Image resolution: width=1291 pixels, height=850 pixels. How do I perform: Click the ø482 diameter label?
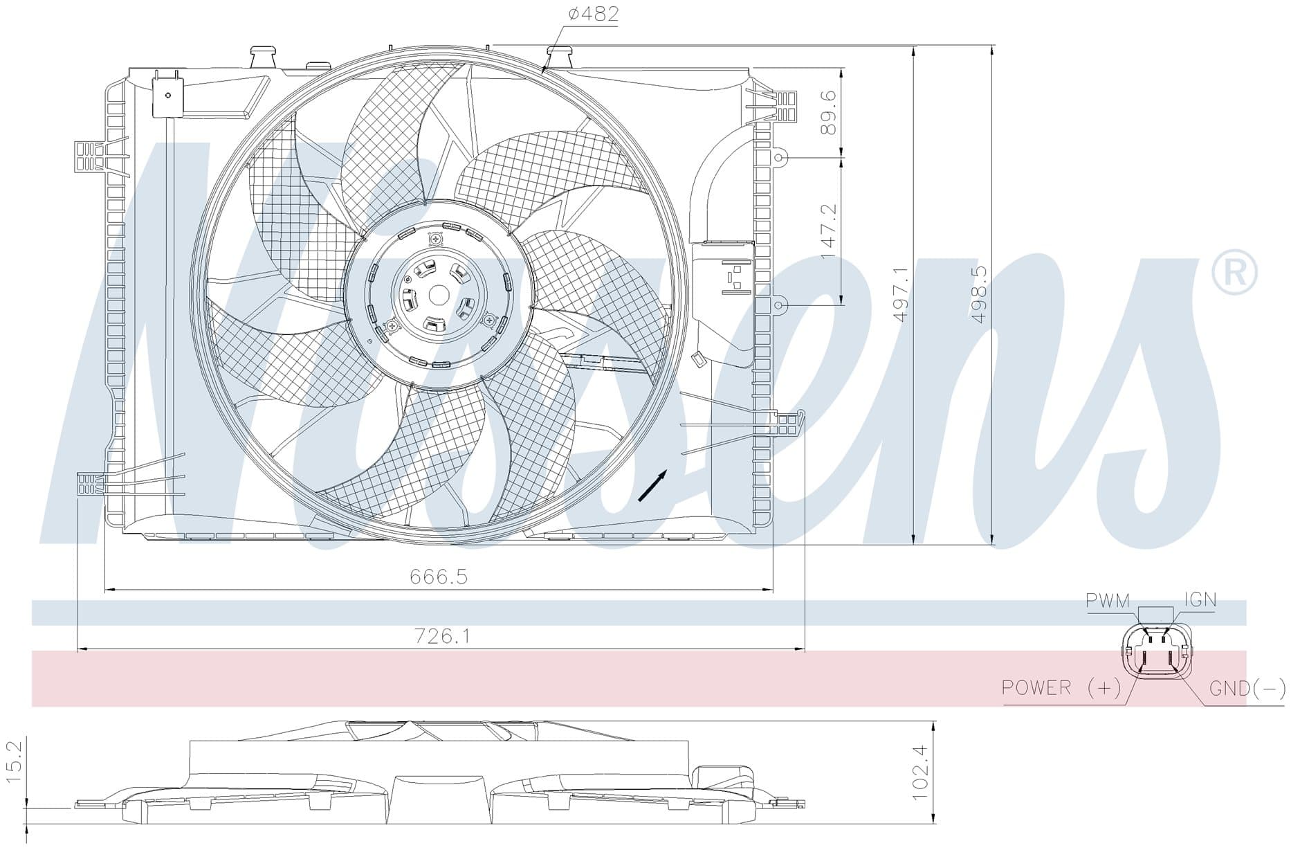pos(593,14)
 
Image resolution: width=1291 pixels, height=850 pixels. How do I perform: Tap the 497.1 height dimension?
pos(900,294)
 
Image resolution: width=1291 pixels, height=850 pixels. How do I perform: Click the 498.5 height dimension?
pos(978,295)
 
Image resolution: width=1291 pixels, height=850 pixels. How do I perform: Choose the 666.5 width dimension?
pos(439,576)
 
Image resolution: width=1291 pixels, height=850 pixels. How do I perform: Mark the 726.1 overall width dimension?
pos(441,635)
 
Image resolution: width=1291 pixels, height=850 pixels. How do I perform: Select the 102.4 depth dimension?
pos(919,772)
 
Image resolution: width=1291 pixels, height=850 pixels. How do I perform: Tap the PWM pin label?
pos(1107,600)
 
